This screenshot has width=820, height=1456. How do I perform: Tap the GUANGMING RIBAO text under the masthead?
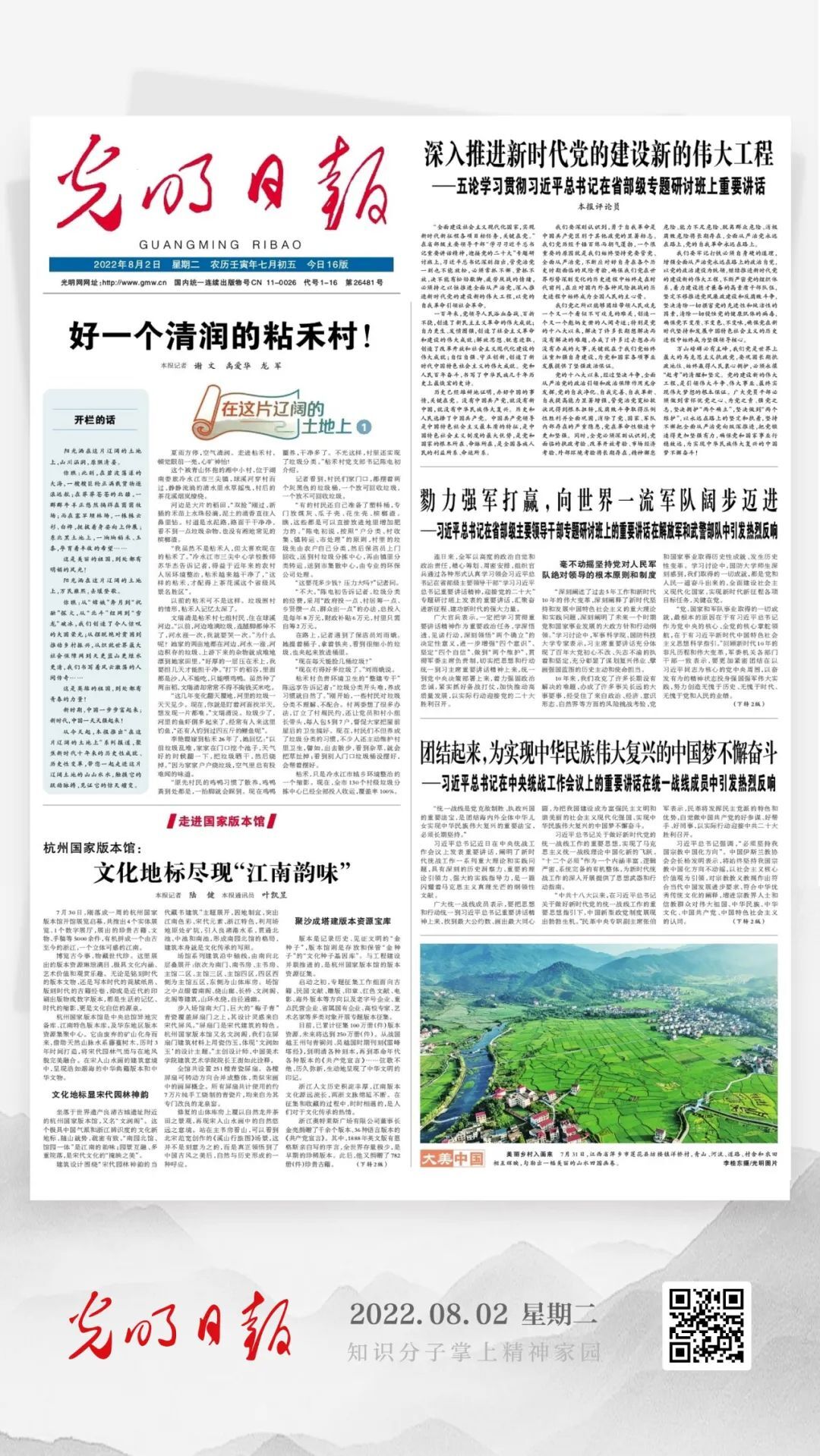tap(220, 245)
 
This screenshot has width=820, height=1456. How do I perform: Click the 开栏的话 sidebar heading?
tap(95, 420)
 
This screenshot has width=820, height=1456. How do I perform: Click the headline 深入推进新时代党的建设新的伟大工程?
tap(598, 154)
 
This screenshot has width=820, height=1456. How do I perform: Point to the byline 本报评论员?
tap(598, 206)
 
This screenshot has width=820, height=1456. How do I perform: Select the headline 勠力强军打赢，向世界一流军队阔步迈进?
tap(598, 501)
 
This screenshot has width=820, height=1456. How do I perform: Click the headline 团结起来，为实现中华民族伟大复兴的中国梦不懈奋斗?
tap(598, 732)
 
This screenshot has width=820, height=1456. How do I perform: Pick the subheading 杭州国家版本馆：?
tap(93, 848)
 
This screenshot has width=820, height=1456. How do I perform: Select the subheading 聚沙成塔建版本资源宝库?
tap(343, 921)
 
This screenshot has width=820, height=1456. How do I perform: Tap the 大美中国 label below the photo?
tap(452, 1179)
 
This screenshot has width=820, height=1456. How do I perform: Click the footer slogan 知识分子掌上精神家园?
tap(474, 1351)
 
